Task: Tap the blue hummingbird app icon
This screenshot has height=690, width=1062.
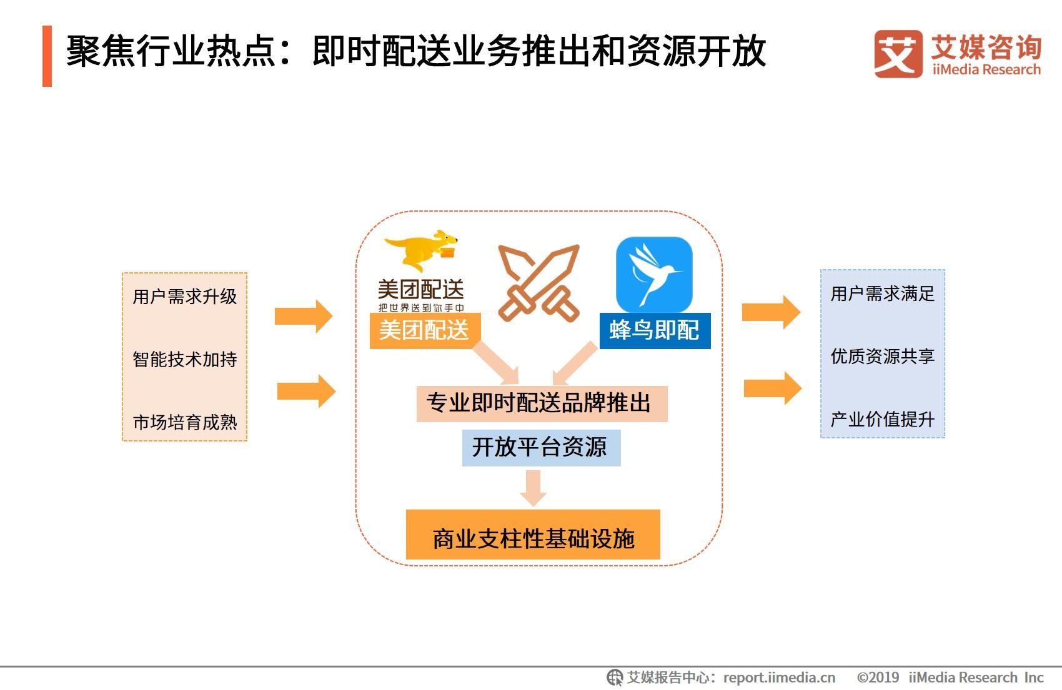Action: tap(654, 274)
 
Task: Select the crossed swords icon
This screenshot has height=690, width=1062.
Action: tap(539, 283)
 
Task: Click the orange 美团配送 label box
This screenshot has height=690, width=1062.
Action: tap(425, 330)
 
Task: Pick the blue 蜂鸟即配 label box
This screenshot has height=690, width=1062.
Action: tap(655, 330)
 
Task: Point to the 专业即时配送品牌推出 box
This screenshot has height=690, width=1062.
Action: tap(542, 404)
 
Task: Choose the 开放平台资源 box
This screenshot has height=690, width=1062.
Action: tap(541, 448)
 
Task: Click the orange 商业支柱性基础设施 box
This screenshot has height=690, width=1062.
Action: tap(533, 535)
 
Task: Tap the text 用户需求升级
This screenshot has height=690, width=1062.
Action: tap(184, 297)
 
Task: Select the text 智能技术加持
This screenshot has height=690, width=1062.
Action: tap(184, 359)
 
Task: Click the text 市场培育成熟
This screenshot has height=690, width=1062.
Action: tap(184, 421)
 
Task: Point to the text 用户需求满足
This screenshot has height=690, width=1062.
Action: tap(882, 294)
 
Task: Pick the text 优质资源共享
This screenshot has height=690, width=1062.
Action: tap(882, 357)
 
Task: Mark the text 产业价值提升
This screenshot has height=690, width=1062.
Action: tap(882, 420)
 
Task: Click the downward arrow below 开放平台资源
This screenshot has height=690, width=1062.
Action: tap(533, 488)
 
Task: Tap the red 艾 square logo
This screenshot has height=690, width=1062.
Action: tap(898, 54)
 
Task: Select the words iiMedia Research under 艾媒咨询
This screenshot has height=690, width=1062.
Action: tap(986, 70)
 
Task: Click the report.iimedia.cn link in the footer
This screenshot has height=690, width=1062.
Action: tap(780, 678)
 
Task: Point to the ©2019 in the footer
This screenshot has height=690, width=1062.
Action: tap(878, 678)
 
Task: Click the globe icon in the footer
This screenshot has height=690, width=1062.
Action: tap(615, 678)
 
